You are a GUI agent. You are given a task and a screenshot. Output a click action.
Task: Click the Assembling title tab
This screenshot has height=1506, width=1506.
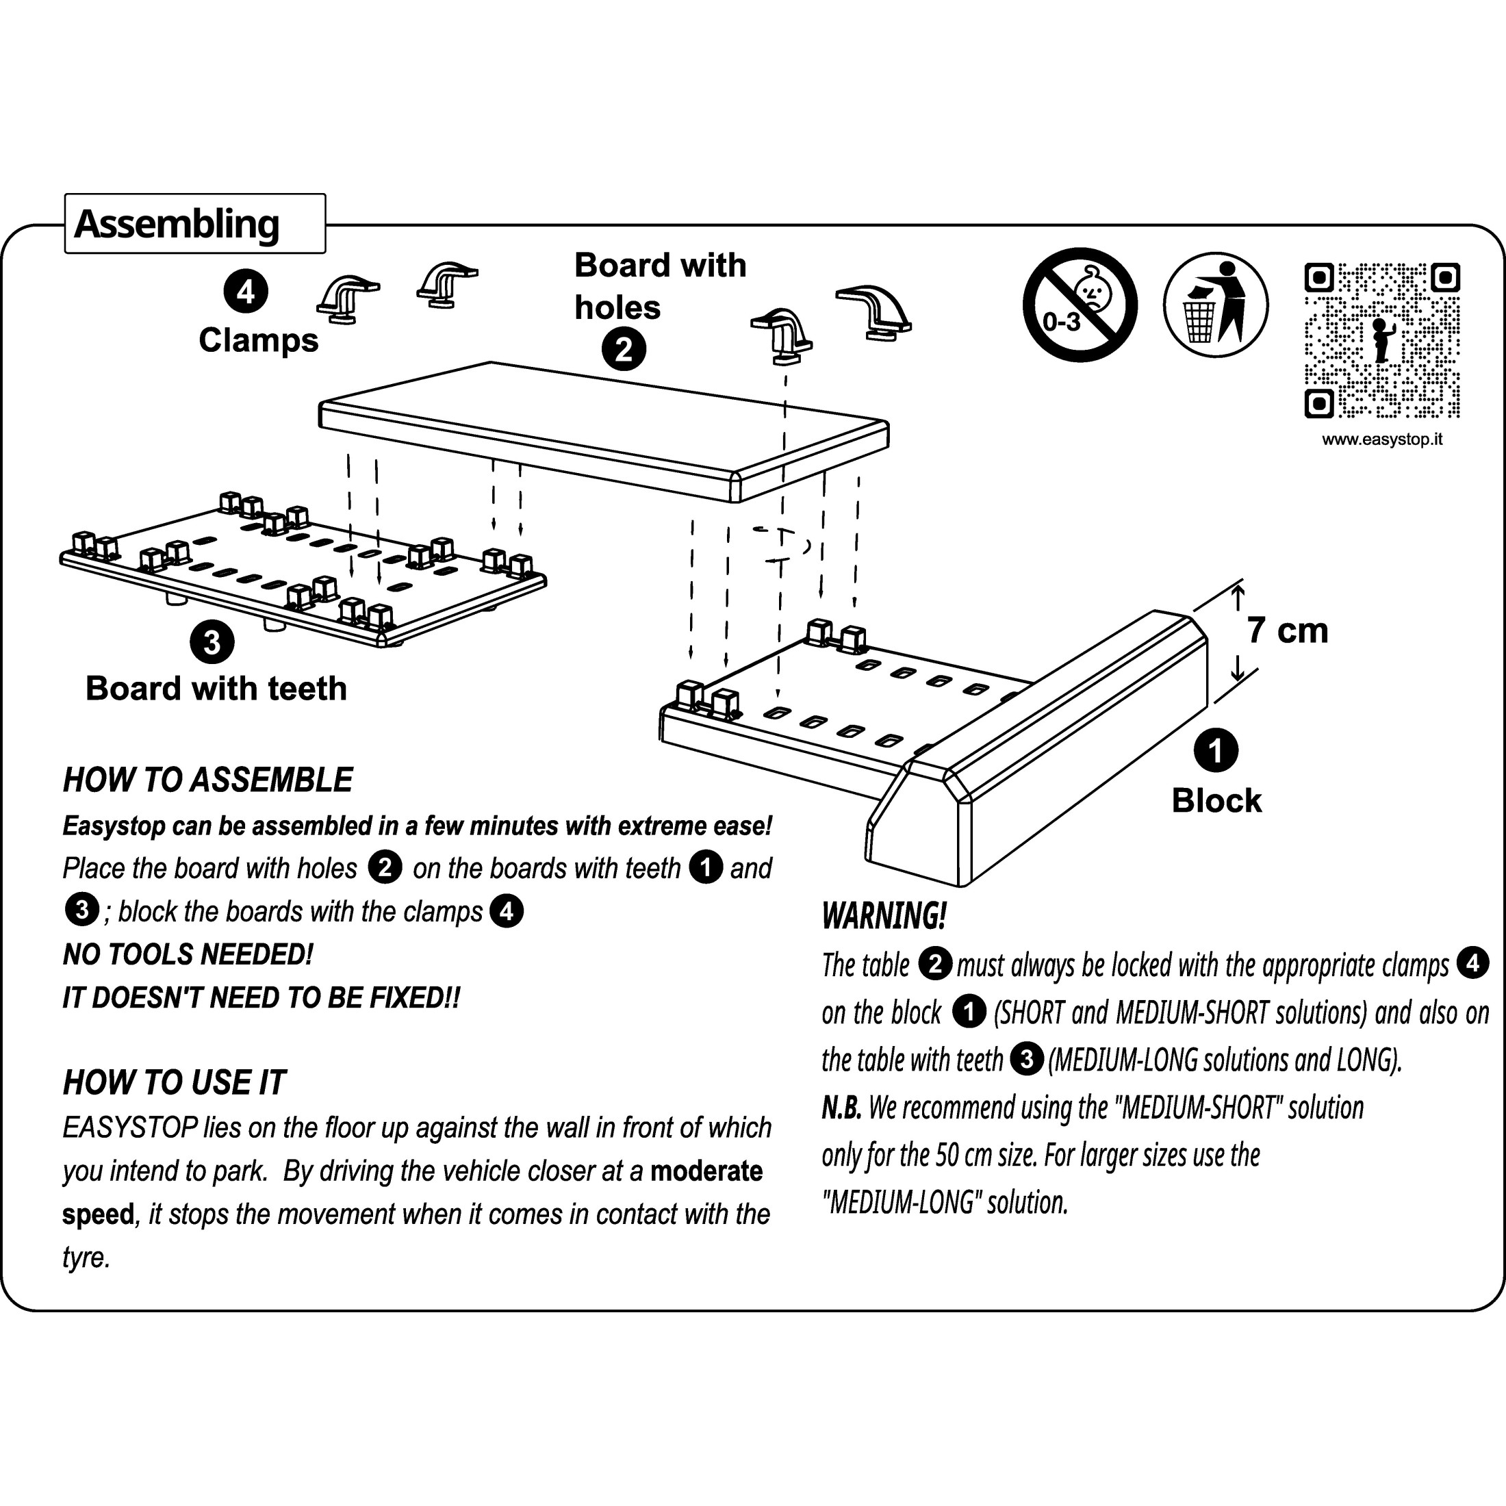pyautogui.click(x=194, y=225)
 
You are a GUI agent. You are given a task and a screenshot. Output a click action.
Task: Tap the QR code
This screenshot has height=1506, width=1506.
pyautogui.click(x=1381, y=341)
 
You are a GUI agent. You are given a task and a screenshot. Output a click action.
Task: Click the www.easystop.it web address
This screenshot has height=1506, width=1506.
pyautogui.click(x=1381, y=439)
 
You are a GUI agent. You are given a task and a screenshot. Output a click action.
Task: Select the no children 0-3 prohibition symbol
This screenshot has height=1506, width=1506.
pyautogui.click(x=1080, y=305)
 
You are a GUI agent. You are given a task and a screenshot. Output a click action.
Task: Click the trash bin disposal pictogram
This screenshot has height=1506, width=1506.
pyautogui.click(x=1215, y=305)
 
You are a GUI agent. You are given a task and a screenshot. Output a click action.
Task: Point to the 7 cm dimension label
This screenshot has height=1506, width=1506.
pyautogui.click(x=1287, y=630)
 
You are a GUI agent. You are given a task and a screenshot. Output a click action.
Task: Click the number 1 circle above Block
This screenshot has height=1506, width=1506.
pyautogui.click(x=1215, y=751)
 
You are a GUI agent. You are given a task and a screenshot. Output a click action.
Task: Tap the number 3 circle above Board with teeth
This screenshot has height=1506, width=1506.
pyautogui.click(x=212, y=642)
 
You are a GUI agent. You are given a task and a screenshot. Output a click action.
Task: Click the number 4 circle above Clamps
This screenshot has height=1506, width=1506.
pyautogui.click(x=246, y=292)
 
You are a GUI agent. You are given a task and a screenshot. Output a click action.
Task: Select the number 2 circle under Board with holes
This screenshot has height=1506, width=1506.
pyautogui.click(x=624, y=349)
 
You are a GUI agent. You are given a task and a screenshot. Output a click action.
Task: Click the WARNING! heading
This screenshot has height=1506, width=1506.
pyautogui.click(x=884, y=916)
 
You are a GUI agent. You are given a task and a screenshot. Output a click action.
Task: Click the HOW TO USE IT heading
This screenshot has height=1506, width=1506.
pyautogui.click(x=174, y=1083)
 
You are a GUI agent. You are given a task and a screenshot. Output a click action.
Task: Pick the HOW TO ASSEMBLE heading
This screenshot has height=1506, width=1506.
pyautogui.click(x=207, y=780)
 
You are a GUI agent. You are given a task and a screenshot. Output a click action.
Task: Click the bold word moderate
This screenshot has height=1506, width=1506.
pyautogui.click(x=706, y=1171)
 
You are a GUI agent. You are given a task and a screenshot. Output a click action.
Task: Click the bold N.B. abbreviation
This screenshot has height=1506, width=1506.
pyautogui.click(x=841, y=1108)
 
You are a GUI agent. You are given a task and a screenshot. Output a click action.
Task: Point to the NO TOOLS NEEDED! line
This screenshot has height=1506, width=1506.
pyautogui.click(x=188, y=955)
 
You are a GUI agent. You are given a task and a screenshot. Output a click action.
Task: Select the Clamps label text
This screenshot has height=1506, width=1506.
pyautogui.click(x=258, y=341)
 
